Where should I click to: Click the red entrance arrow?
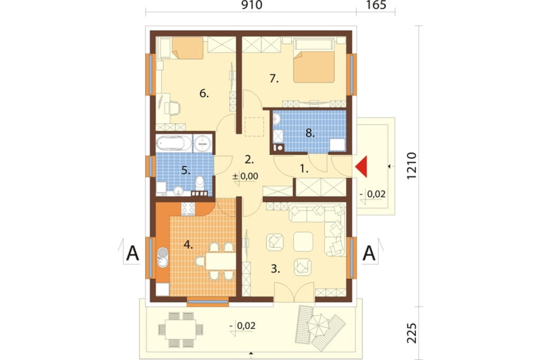click(x=361, y=167)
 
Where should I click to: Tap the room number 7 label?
click(x=274, y=79)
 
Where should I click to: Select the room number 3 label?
click(x=275, y=269)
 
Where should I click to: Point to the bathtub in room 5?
click(x=174, y=143)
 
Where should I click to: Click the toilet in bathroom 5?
click(x=199, y=184)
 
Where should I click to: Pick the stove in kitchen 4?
click(x=188, y=209)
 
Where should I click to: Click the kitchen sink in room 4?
click(x=163, y=258)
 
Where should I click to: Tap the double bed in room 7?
click(x=314, y=61)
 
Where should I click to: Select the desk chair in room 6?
click(x=173, y=108)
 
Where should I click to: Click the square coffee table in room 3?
click(x=303, y=242)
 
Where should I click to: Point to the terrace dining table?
click(x=181, y=330)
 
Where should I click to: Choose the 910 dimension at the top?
click(x=252, y=5)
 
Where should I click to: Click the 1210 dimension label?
click(x=412, y=166)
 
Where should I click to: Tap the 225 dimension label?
click(x=412, y=333)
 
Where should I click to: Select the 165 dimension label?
click(x=376, y=5)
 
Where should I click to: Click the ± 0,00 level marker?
click(x=245, y=176)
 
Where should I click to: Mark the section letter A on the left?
click(x=133, y=253)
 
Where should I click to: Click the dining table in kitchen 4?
click(x=221, y=261)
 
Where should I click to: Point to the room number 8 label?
click(x=310, y=133)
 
